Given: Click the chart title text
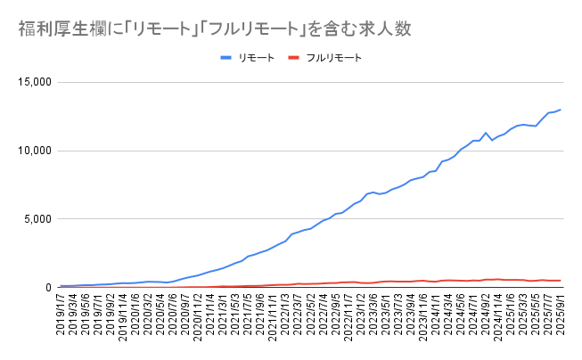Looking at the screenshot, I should [x=214, y=29].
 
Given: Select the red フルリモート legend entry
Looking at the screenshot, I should [x=325, y=58].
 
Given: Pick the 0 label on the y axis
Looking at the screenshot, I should [x=50, y=287].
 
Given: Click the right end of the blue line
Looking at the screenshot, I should [x=560, y=110].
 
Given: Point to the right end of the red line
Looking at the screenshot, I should [x=560, y=281].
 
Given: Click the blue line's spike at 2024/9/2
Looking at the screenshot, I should [x=485, y=133].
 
